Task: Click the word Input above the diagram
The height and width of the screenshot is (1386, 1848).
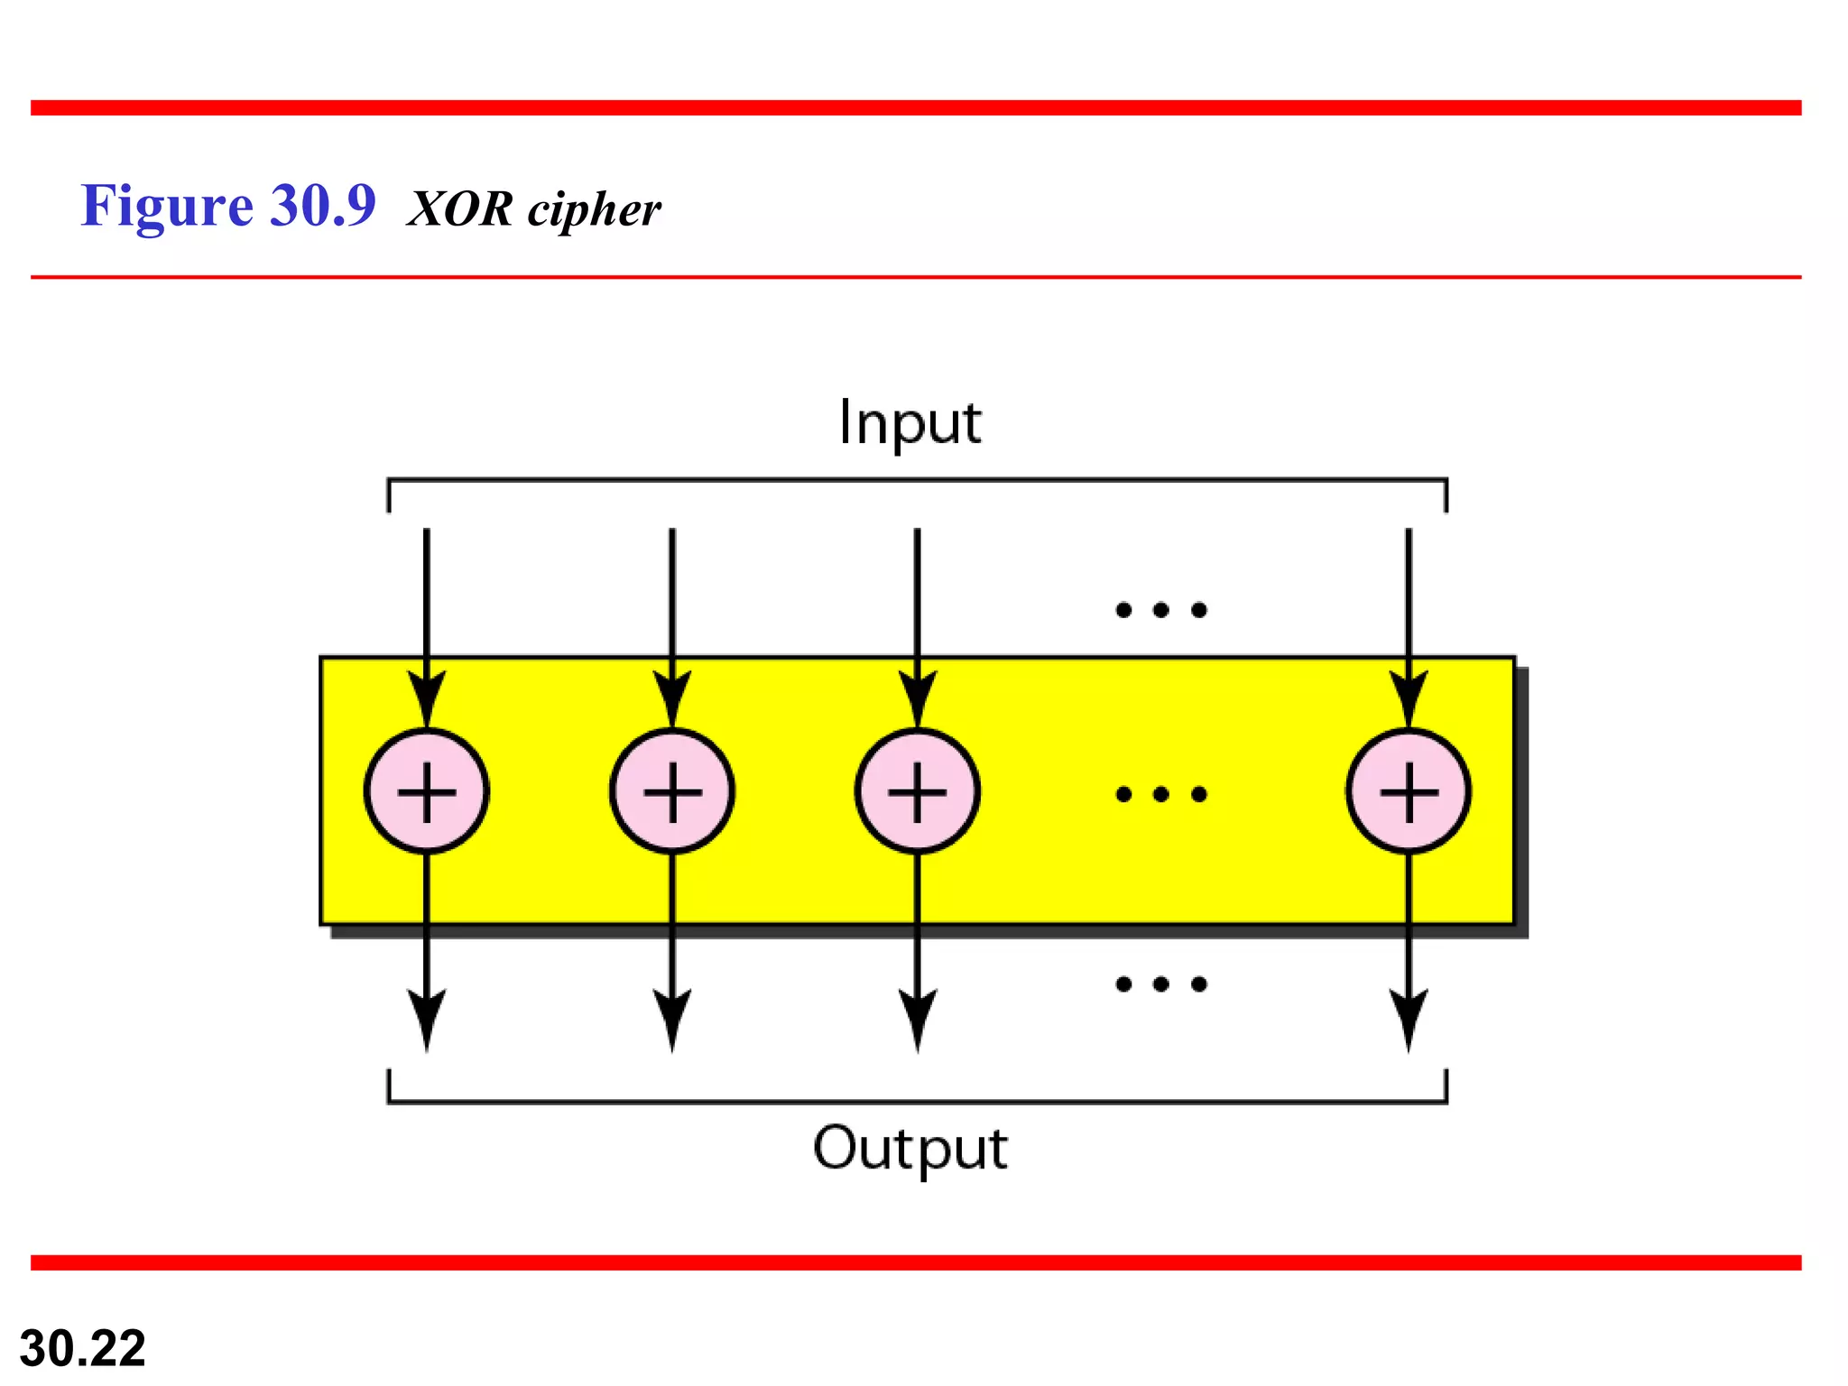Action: [x=910, y=422]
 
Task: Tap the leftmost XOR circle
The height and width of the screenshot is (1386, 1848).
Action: [x=427, y=791]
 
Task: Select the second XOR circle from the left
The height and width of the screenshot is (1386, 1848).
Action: [x=672, y=791]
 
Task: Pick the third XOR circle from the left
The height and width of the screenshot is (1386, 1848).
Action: [x=918, y=791]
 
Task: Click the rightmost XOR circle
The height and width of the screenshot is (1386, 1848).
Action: [x=1409, y=791]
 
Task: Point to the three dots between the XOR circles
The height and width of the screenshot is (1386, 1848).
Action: [x=1161, y=794]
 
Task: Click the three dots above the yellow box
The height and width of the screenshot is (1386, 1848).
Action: [x=1161, y=610]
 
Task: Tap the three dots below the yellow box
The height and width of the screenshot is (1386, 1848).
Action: [x=1161, y=984]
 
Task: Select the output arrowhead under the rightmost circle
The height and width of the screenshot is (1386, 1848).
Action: [x=1409, y=1020]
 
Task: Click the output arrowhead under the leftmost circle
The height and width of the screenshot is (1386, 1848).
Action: [x=427, y=1020]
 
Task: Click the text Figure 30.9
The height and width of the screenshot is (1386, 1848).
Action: [x=227, y=206]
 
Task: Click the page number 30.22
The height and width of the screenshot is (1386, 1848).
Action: [x=82, y=1348]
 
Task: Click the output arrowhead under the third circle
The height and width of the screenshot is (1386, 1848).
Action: [x=918, y=1020]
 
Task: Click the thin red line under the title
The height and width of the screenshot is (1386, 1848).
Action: [x=915, y=277]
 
